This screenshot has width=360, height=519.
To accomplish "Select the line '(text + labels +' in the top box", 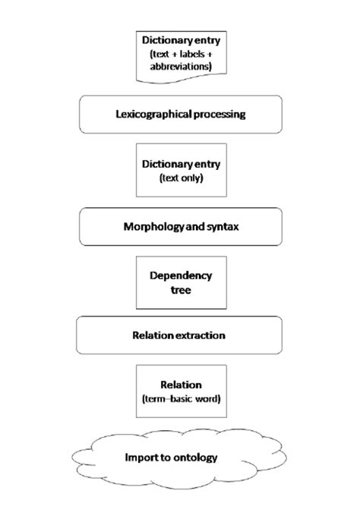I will [x=179, y=52].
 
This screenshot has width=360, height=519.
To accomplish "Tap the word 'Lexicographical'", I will [x=152, y=115].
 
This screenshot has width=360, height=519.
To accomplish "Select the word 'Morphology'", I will [x=150, y=226].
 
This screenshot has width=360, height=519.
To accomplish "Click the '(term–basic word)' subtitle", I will [x=179, y=398].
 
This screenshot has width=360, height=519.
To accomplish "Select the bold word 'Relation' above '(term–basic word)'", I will [x=179, y=385].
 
